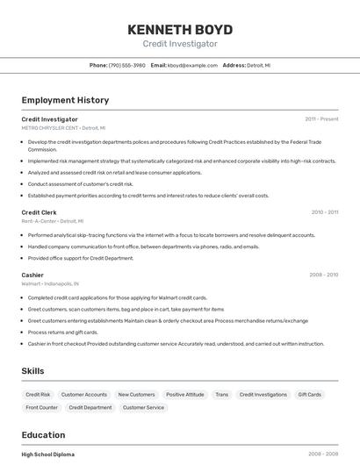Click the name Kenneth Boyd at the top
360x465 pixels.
point(180,28)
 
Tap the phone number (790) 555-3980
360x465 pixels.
point(126,65)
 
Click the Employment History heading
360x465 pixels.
point(65,100)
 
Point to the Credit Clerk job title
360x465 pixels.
point(39,212)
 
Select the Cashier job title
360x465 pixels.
point(32,275)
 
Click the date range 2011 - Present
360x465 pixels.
point(321,118)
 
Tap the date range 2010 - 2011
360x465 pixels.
point(324,212)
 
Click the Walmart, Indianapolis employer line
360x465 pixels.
point(50,283)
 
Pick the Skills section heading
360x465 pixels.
point(33,371)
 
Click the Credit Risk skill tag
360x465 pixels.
point(38,395)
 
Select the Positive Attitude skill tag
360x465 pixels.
point(184,395)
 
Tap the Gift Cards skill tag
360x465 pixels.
point(310,395)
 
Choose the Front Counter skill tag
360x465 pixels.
point(42,407)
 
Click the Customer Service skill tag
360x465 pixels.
point(143,407)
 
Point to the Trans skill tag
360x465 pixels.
point(221,395)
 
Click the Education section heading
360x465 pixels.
point(43,435)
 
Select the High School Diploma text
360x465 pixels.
point(47,454)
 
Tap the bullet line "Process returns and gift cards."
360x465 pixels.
point(63,333)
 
